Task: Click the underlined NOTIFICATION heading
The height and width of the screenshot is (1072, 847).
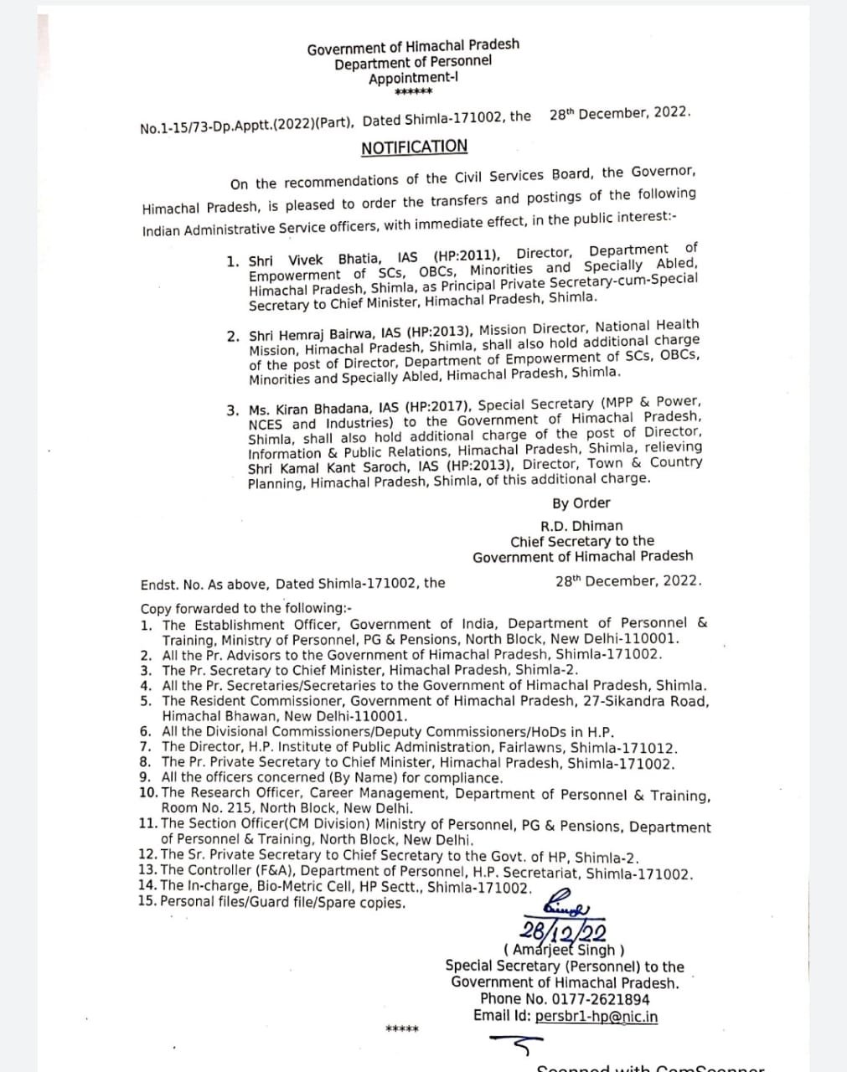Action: tap(414, 147)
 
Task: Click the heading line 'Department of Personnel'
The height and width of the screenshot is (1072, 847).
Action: tap(413, 63)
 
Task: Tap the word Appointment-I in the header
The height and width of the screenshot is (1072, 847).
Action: tap(413, 79)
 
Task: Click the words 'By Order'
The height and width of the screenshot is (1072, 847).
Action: tap(581, 503)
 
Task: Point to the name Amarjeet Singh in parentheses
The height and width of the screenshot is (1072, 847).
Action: tap(563, 950)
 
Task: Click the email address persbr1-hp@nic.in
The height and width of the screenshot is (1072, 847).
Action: tap(596, 1017)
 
